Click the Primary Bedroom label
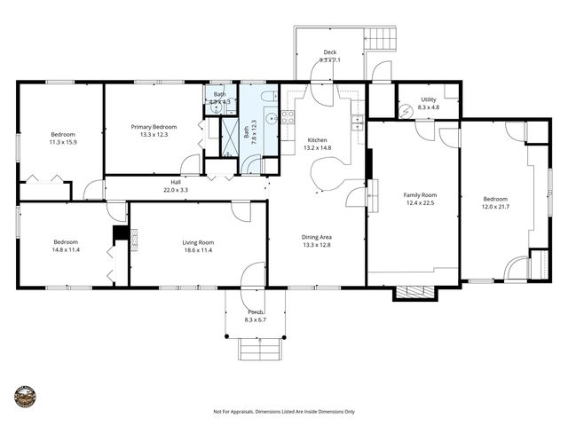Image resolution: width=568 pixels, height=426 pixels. click(x=154, y=127)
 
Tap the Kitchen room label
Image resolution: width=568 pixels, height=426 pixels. click(x=317, y=140)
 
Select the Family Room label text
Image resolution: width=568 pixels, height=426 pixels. click(x=420, y=194)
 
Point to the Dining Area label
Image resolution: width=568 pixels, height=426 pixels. click(x=317, y=237)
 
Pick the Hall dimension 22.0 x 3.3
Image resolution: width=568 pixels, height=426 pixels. click(x=176, y=190)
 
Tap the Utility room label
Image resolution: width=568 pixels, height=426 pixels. click(x=428, y=100)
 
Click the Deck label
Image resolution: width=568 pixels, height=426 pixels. click(x=330, y=52)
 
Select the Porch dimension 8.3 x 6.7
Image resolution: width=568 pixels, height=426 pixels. click(x=256, y=319)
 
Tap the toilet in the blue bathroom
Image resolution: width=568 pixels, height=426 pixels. click(x=269, y=95)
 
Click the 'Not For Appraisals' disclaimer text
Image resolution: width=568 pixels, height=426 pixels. click(x=283, y=412)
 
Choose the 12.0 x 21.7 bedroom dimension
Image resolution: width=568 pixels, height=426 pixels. click(x=495, y=206)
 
